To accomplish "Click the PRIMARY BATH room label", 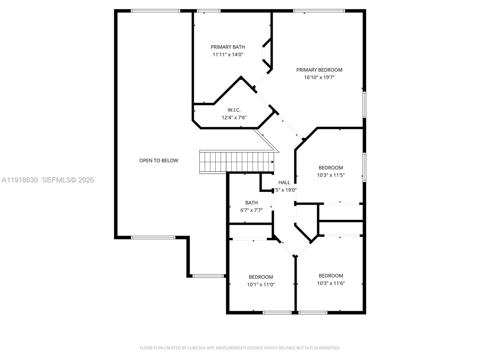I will pyautogui.click(x=228, y=47).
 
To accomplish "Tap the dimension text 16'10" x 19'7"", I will pyautogui.click(x=319, y=77).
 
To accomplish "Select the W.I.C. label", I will pyautogui.click(x=234, y=110).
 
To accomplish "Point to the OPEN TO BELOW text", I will pyautogui.click(x=159, y=160).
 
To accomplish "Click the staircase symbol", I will pyautogui.click(x=237, y=162).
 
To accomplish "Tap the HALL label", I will pyautogui.click(x=284, y=182).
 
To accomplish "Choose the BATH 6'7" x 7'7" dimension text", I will pyautogui.click(x=251, y=210).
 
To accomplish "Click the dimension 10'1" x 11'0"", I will pyautogui.click(x=261, y=285).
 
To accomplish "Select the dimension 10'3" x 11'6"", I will pyautogui.click(x=331, y=283).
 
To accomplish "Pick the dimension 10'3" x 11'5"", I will pyautogui.click(x=331, y=175).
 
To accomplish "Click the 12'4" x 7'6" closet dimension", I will pyautogui.click(x=234, y=118).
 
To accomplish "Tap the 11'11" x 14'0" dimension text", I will pyautogui.click(x=228, y=55).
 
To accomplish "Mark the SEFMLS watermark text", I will pyautogui.click(x=68, y=180).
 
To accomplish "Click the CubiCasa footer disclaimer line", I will pyautogui.click(x=240, y=348).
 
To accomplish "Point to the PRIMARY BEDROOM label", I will pyautogui.click(x=319, y=70).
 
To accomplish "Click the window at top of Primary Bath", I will pyautogui.click(x=208, y=11).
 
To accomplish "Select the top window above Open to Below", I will pyautogui.click(x=155, y=11).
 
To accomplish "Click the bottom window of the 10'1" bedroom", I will pyautogui.click(x=277, y=313).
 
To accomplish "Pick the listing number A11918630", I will pyautogui.click(x=20, y=180).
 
